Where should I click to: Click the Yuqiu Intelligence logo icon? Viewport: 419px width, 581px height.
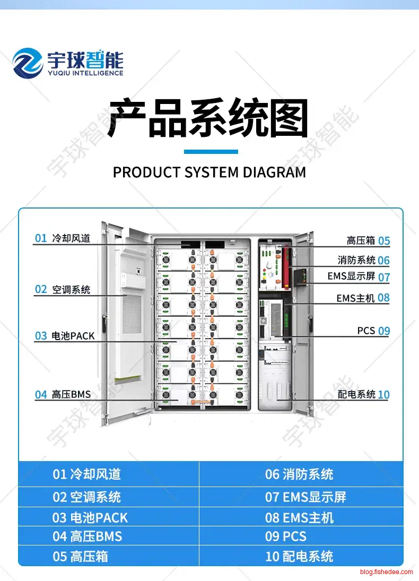point(28,63)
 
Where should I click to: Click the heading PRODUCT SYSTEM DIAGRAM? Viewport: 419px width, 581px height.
point(210,172)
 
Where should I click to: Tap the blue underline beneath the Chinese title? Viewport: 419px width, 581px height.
point(211,152)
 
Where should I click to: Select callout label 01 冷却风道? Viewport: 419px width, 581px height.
point(63,238)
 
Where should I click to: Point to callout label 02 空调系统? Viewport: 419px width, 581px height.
point(63,289)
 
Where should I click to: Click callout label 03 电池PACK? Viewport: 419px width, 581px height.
point(65,336)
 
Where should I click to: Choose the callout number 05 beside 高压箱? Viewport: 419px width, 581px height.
point(384,241)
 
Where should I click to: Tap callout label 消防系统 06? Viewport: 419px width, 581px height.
point(363,260)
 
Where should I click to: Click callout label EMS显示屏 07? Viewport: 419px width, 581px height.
point(359,276)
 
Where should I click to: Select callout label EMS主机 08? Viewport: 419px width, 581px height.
point(363,298)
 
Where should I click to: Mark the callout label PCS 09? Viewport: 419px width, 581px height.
point(373,331)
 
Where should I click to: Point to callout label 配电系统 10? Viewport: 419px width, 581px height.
point(363,394)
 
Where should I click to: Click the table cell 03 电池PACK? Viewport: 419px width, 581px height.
point(90,517)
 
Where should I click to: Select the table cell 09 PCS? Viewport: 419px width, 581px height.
point(286,536)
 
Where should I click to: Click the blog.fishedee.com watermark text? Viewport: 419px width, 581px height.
point(386,572)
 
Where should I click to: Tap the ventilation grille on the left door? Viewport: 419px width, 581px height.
point(126,334)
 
